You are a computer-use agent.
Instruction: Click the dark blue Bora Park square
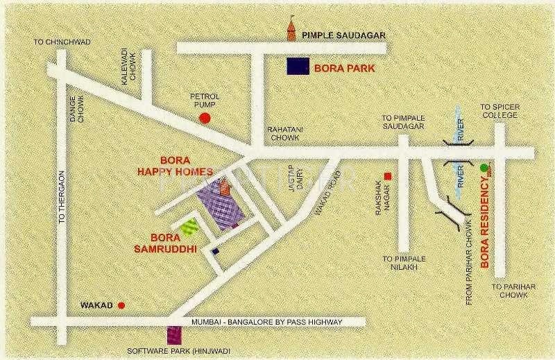[x=298, y=67]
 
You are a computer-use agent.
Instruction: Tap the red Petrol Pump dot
[x=205, y=118]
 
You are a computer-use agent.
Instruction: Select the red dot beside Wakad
[x=121, y=305]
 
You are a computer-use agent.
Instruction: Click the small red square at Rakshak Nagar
[x=388, y=175]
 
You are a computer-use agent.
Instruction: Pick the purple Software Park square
[x=174, y=335]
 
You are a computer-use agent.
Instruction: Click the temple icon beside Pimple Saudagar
[x=292, y=30]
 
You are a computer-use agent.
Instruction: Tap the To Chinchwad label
[x=62, y=42]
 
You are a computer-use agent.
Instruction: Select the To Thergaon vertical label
[x=61, y=196]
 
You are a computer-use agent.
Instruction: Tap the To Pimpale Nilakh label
[x=404, y=263]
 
